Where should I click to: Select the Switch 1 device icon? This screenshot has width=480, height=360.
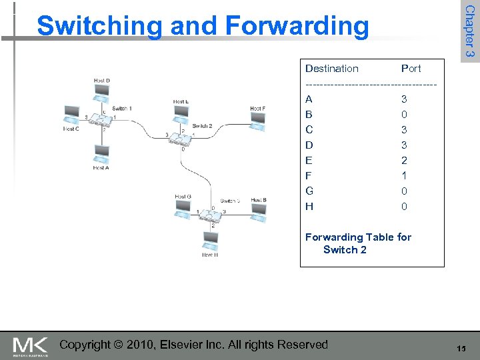click(x=102, y=119)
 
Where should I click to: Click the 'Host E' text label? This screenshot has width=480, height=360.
click(x=181, y=102)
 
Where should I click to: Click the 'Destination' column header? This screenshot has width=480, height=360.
click(x=331, y=69)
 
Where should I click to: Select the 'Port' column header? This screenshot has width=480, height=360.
click(x=411, y=69)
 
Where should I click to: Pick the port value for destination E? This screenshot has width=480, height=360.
click(x=404, y=161)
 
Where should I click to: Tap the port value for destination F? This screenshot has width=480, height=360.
click(x=404, y=176)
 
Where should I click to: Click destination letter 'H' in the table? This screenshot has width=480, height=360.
click(x=309, y=207)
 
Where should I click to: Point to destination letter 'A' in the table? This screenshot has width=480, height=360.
click(x=309, y=99)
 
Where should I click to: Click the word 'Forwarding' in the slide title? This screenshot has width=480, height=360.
click(x=297, y=26)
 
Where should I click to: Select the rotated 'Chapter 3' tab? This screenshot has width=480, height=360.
click(x=470, y=31)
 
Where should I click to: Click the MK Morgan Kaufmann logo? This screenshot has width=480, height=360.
click(x=30, y=346)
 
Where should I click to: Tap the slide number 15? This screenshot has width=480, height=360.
click(x=461, y=349)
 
